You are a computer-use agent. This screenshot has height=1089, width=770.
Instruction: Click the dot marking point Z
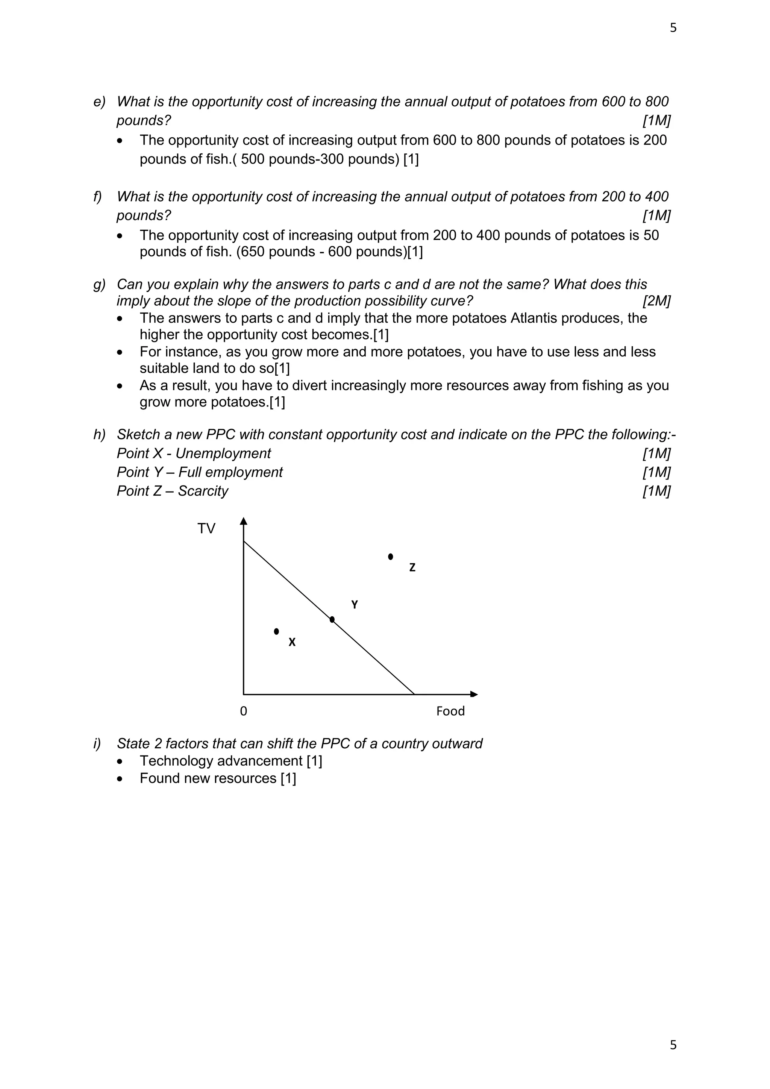pos(390,557)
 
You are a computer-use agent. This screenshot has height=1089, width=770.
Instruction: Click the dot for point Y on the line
pos(332,619)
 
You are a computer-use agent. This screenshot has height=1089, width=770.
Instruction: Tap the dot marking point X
pos(276,631)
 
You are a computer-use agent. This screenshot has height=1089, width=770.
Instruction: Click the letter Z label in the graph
pos(412,567)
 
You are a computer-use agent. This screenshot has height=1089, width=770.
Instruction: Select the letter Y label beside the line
pos(354,605)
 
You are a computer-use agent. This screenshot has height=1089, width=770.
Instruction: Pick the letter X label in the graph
pos(292,642)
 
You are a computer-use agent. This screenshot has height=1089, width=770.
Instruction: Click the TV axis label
pos(206,528)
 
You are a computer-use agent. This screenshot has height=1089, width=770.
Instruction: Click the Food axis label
pos(450,711)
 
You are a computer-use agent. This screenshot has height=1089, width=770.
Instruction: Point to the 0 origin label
pos(243,711)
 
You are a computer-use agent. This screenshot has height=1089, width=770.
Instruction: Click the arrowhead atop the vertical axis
pos(244,521)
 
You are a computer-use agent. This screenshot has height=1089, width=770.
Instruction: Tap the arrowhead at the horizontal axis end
pos(474,695)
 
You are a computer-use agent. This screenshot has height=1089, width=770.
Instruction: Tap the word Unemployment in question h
pos(223,453)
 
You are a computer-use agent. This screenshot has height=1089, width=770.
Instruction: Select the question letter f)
pos(98,196)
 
